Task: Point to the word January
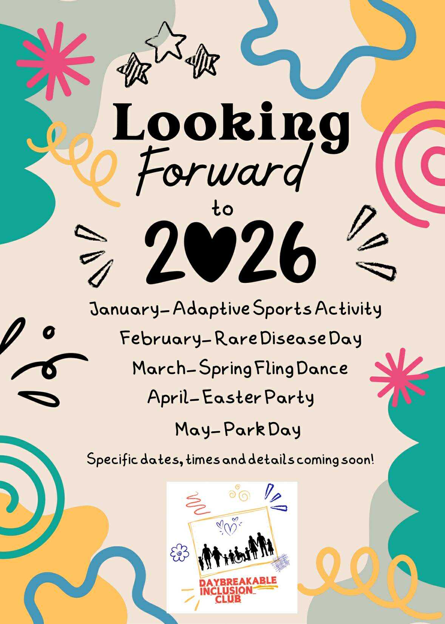[x=125, y=309]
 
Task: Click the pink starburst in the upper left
[x=55, y=61]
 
